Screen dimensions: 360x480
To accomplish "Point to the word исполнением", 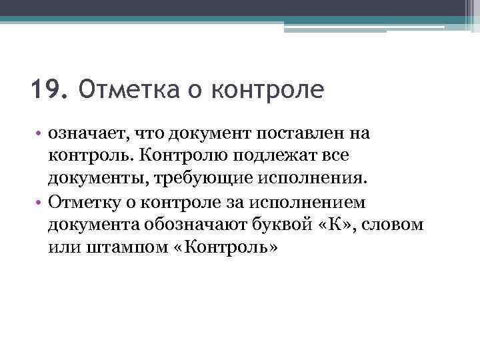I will [x=311, y=201].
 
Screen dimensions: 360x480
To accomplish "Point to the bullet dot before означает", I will [x=41, y=134].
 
